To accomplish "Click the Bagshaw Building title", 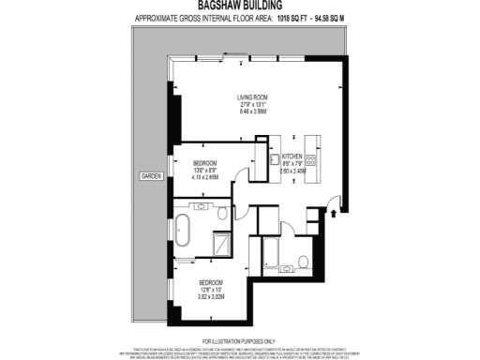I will point(239,5).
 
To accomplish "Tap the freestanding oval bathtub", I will point(185,227).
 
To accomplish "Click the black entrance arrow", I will point(335,215).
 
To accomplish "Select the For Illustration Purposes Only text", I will point(239,339).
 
